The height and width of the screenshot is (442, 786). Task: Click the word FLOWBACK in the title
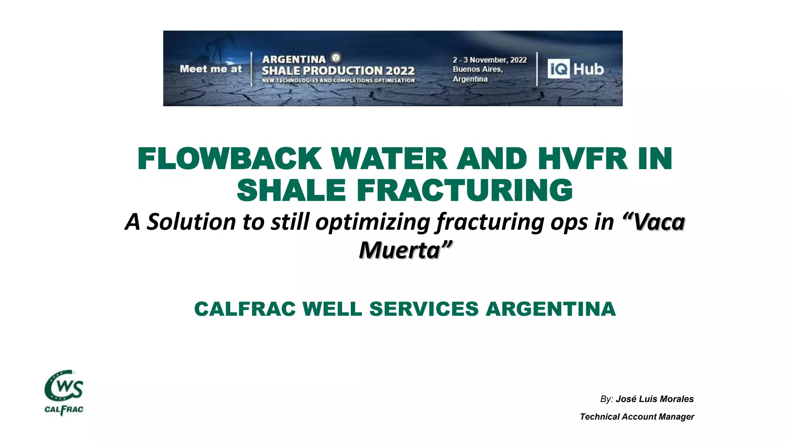click(x=230, y=158)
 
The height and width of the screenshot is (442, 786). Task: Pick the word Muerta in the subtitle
click(x=399, y=250)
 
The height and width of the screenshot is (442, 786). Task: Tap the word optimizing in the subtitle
click(x=372, y=222)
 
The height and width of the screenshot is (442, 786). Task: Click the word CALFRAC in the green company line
click(x=245, y=309)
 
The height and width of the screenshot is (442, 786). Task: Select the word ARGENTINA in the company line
click(x=550, y=309)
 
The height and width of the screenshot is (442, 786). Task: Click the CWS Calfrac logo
click(x=64, y=393)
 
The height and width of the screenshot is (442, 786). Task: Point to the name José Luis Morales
click(x=654, y=399)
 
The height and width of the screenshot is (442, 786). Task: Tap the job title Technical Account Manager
click(x=637, y=417)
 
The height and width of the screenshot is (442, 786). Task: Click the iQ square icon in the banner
click(x=558, y=69)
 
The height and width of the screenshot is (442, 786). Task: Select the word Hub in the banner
click(x=588, y=69)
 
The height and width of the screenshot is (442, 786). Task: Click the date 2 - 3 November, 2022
click(x=489, y=60)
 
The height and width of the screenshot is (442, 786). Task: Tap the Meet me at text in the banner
click(x=211, y=69)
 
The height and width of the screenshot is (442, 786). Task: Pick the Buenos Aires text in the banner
click(x=477, y=69)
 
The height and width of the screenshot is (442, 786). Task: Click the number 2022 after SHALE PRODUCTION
click(x=400, y=71)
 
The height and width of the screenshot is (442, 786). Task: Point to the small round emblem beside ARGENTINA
click(x=336, y=58)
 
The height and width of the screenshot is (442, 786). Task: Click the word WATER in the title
click(x=389, y=158)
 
